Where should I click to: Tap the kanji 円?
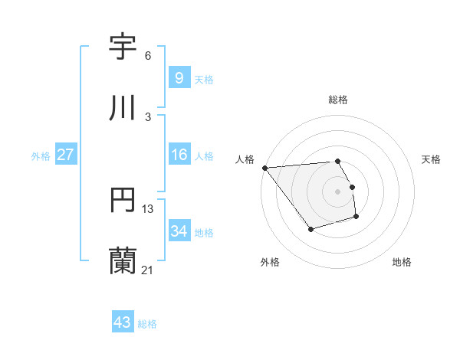(123, 200)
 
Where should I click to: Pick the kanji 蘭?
(123, 260)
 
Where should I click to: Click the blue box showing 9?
(179, 77)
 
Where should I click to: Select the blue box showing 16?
(179, 155)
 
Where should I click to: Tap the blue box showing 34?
(179, 231)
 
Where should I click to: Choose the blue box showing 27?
(65, 155)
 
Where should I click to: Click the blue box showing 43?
(122, 322)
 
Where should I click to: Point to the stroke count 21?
(147, 270)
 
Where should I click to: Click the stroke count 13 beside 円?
(148, 208)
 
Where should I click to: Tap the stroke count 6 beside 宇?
(148, 56)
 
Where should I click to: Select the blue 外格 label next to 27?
(41, 155)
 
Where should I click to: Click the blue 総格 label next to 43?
(147, 324)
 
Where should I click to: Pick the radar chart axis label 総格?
(338, 100)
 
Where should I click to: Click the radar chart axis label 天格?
(432, 159)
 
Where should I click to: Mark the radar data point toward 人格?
(264, 168)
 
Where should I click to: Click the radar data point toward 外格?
(310, 229)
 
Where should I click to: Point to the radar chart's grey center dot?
(338, 191)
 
